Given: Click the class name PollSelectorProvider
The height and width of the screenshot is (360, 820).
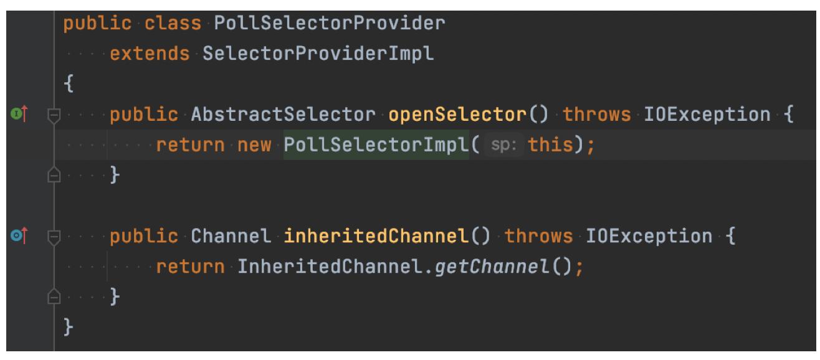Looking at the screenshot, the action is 330,24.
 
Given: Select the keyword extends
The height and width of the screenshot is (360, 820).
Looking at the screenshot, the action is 150,54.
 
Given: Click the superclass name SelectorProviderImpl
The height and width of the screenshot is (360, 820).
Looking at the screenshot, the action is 318,54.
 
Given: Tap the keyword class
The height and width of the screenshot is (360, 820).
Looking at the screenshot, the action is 173,24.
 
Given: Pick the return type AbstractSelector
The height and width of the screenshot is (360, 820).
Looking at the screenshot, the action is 284,115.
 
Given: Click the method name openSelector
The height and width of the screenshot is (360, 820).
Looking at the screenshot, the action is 457,115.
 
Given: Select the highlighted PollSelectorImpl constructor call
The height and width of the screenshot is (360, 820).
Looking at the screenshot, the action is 376,145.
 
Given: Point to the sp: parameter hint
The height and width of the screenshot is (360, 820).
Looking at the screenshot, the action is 503,145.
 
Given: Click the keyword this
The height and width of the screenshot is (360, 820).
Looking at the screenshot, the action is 550,145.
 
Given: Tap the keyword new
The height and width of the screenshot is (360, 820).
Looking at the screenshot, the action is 254,145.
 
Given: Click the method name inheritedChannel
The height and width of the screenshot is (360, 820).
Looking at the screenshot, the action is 376,236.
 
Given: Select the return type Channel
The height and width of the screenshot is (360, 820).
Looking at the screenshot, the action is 231,236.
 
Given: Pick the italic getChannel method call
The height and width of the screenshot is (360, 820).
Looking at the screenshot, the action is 492,267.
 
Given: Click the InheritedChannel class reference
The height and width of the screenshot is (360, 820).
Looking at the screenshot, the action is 330,267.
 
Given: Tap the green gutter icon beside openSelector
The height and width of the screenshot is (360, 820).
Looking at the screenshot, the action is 16,114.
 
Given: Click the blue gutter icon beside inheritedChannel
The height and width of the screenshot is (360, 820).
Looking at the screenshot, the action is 16,235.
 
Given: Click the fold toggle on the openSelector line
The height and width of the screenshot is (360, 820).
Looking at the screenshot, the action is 54,116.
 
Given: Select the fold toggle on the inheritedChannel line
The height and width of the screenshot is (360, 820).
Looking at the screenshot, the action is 54,237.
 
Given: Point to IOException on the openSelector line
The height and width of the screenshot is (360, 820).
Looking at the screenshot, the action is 707,115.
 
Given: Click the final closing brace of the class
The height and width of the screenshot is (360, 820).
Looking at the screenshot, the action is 69,327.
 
